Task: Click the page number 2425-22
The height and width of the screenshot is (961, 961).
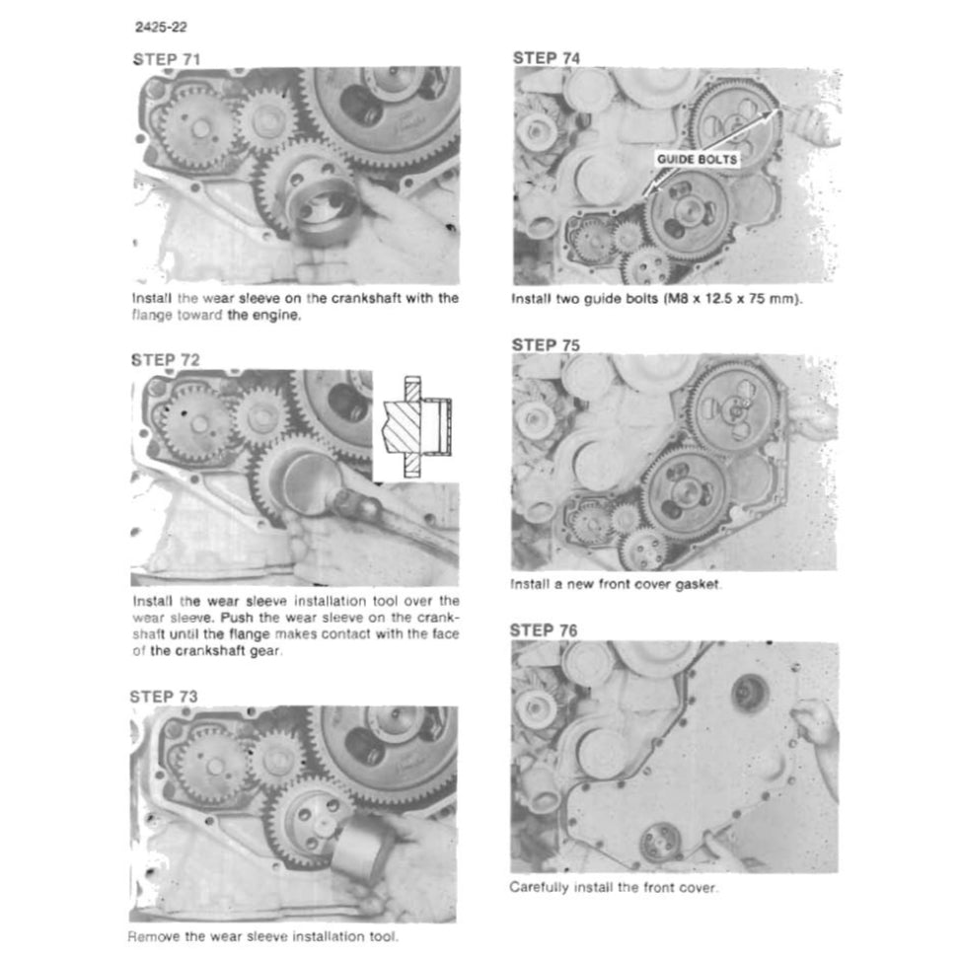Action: pyautogui.click(x=161, y=27)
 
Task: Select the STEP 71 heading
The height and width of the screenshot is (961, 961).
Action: pyautogui.click(x=167, y=59)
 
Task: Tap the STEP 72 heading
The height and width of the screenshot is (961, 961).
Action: pyautogui.click(x=166, y=360)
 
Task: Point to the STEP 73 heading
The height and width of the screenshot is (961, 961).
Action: pyautogui.click(x=164, y=697)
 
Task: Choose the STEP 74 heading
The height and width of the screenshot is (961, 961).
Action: pyautogui.click(x=546, y=58)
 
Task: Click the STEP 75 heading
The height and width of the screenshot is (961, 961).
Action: pyautogui.click(x=546, y=345)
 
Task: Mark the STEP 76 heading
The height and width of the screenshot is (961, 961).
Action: pyautogui.click(x=544, y=630)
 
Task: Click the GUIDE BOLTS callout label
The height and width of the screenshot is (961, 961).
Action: pyautogui.click(x=697, y=160)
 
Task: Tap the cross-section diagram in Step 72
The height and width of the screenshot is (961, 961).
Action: pyautogui.click(x=417, y=426)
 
